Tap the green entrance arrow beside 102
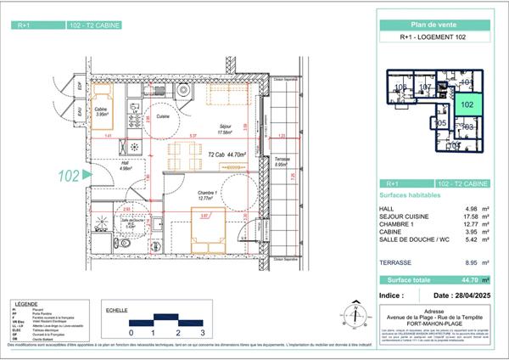[x=84, y=176]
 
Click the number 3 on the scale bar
[x=204, y=333]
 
